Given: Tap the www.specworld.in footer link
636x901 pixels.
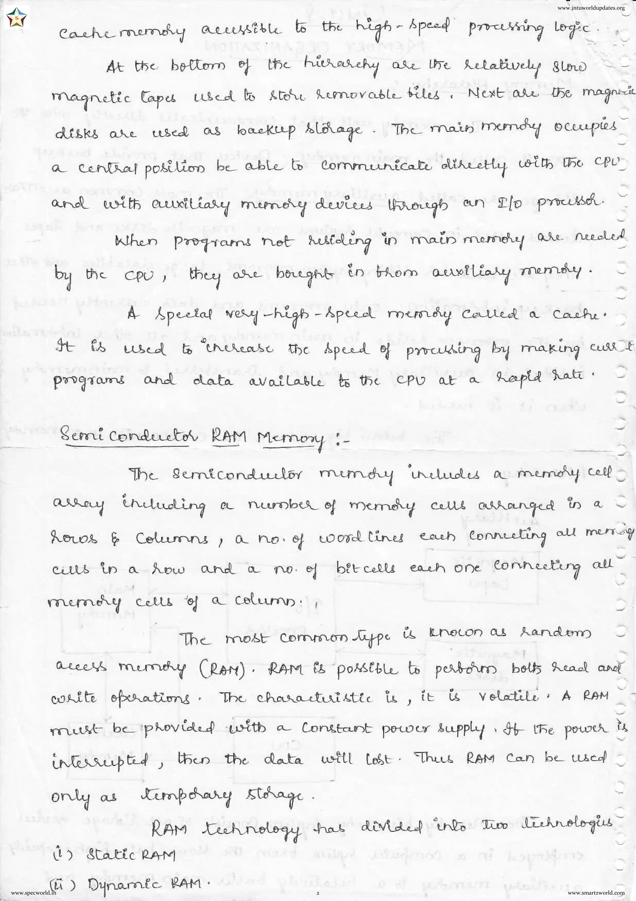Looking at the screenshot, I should coord(34,893).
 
